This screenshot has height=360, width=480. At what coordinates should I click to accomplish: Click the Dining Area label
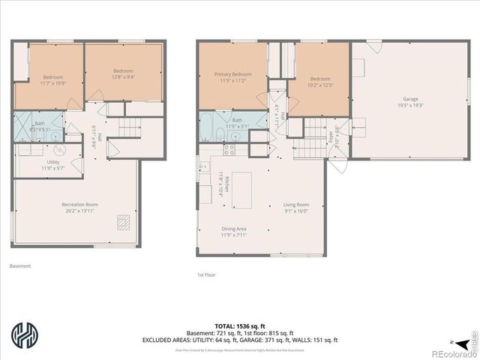coord(233,232)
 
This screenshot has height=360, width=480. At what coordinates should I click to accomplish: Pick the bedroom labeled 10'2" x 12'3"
coord(320,82)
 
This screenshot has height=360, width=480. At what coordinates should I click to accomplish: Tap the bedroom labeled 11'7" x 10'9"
coord(52,79)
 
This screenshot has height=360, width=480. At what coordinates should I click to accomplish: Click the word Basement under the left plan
coord(20,265)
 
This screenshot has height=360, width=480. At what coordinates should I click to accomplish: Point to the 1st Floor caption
coord(206,275)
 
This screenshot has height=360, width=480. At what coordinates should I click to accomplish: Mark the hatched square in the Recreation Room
coord(124,223)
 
